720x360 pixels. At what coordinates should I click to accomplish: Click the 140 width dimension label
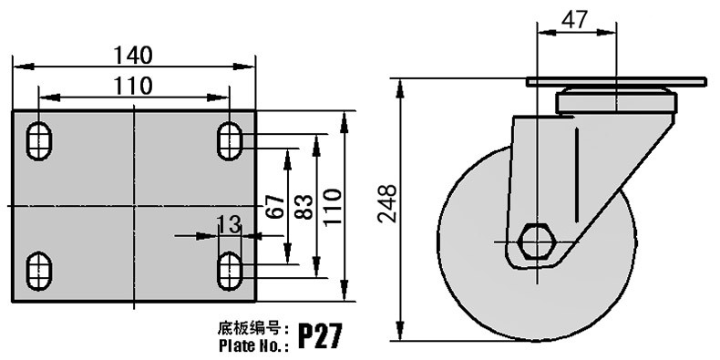[x=132, y=56]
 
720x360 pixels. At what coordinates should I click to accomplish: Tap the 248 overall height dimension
[x=387, y=203]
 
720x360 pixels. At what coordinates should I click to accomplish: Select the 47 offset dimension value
[x=574, y=20]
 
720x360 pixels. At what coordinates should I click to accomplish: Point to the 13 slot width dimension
[x=229, y=225]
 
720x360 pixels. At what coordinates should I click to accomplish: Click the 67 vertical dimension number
[x=274, y=207]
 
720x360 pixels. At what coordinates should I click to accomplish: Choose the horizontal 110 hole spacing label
[x=133, y=86]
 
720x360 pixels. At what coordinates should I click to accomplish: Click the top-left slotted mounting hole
[x=38, y=141]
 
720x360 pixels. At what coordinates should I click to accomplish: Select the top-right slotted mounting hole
[x=230, y=141]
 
